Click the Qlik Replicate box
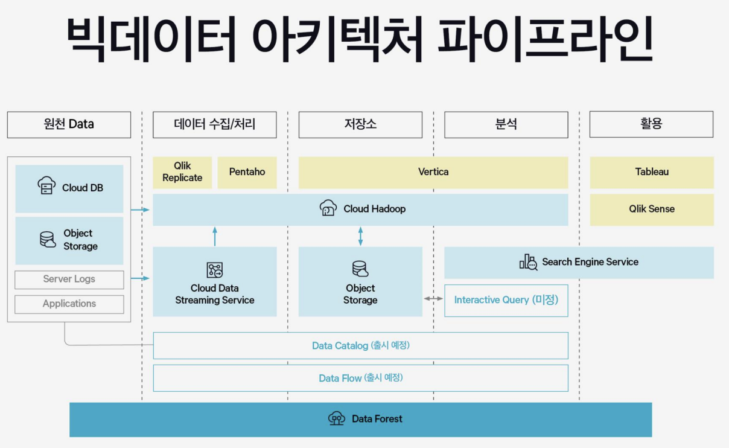pos(182,172)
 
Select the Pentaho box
pos(247,172)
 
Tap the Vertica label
pos(433,172)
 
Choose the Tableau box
pos(652,172)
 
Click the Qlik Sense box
pos(652,209)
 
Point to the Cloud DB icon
pos(46,185)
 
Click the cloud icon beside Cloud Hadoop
pos(328,208)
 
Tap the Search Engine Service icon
pos(528,262)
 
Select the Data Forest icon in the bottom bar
pos(336,418)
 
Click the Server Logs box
pos(69,280)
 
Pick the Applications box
pos(69,304)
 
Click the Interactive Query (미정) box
pos(506,300)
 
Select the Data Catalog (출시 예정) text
pos(361,345)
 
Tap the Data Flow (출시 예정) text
pos(361,378)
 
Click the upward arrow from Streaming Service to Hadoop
pos(215,235)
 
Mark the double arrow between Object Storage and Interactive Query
pos(433,298)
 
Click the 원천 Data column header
pos(69,124)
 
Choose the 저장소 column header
pos(360,124)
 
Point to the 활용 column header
pos(651,124)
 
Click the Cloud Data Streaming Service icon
pos(214,270)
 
